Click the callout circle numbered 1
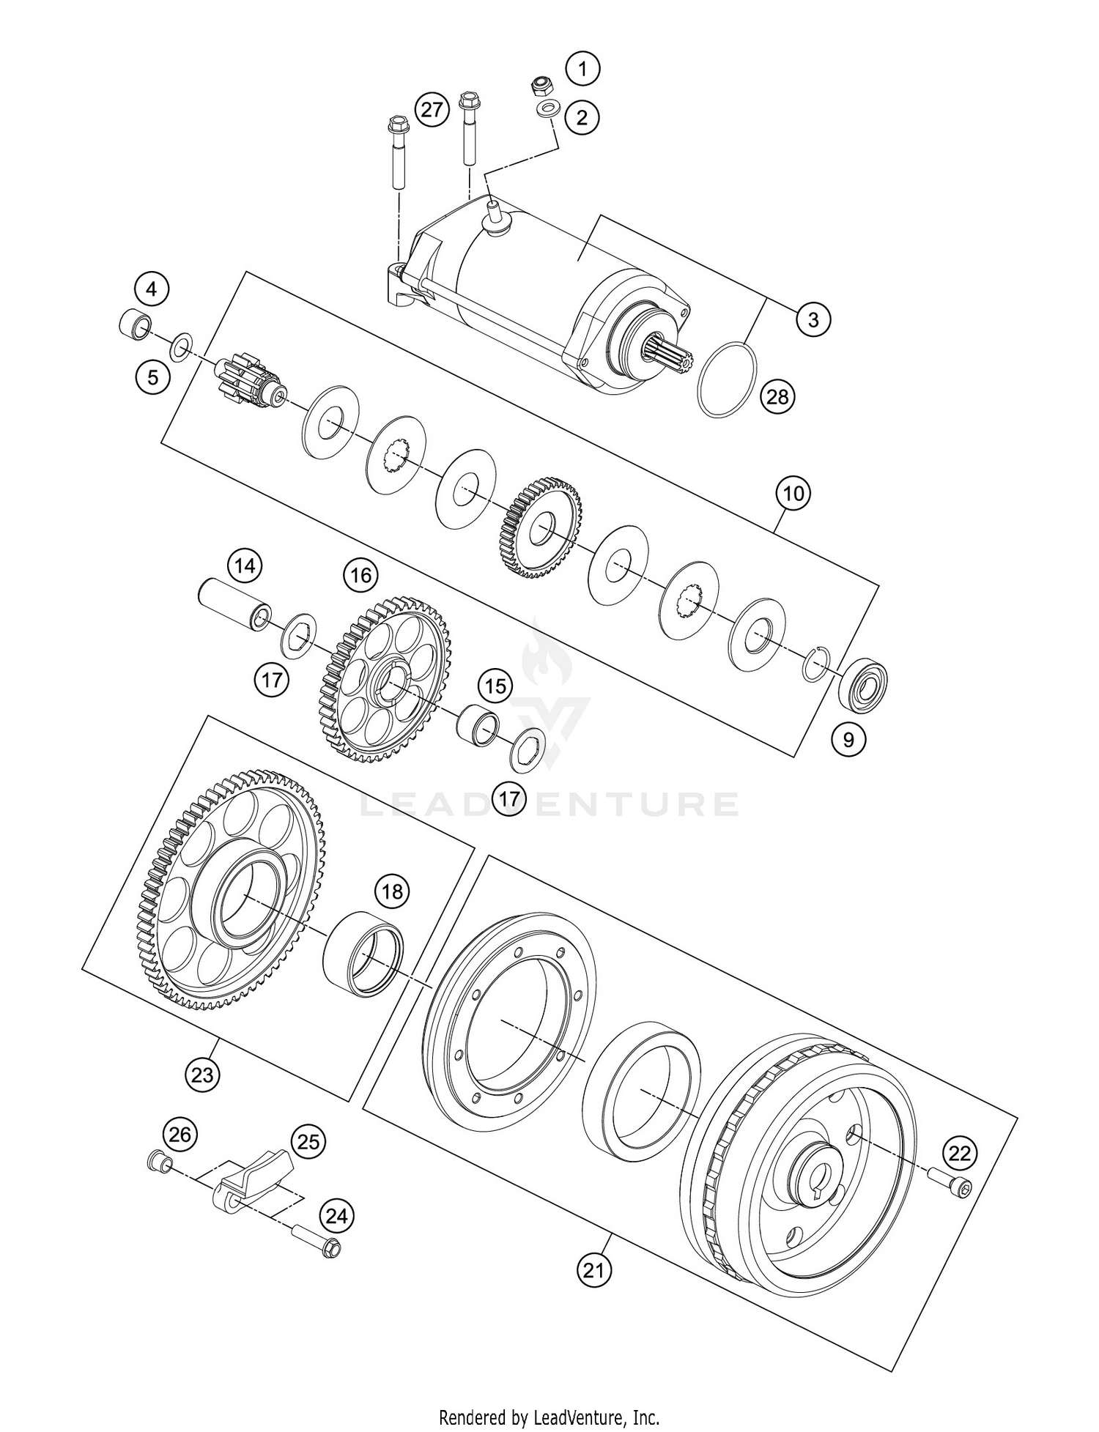point(582,70)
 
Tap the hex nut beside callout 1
point(541,86)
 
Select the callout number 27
point(432,111)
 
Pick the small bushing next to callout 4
point(134,323)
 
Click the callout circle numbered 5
point(152,377)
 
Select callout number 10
point(793,494)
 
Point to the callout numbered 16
point(360,575)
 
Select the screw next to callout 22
point(951,1185)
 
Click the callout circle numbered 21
point(593,1269)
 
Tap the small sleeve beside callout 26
point(158,1162)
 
